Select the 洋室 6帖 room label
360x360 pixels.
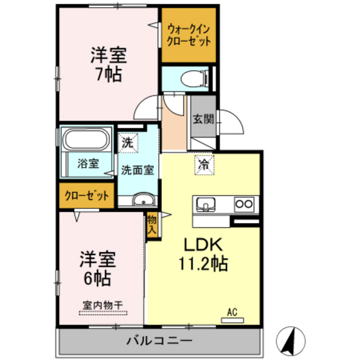click(x=97, y=269)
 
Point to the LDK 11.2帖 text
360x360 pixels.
click(x=204, y=254)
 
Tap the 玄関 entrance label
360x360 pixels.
click(x=203, y=118)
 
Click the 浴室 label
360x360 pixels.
click(x=88, y=163)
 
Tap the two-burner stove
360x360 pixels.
click(x=244, y=204)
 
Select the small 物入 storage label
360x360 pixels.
click(x=152, y=224)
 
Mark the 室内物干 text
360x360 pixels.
click(x=103, y=305)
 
